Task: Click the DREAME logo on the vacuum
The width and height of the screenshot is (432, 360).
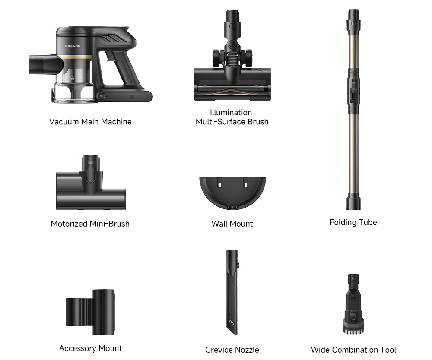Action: click(x=73, y=46)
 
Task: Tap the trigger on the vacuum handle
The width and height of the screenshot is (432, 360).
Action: click(x=111, y=56)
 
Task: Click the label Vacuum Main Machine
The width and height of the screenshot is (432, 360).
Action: click(x=90, y=122)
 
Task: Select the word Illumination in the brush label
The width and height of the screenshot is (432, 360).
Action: click(x=231, y=112)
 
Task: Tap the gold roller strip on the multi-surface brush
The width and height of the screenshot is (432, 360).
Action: click(x=232, y=90)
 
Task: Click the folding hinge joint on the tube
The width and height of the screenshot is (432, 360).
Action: click(x=353, y=92)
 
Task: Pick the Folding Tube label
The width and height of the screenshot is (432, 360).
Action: click(x=353, y=222)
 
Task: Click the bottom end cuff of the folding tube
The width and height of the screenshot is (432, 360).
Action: click(x=353, y=202)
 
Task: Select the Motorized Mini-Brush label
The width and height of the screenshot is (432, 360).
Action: click(x=90, y=224)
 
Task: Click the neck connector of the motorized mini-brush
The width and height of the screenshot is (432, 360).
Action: click(x=90, y=172)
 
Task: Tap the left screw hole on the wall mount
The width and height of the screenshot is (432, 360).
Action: click(x=219, y=185)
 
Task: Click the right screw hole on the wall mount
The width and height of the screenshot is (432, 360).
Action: click(x=245, y=185)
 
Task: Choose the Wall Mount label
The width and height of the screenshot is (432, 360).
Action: click(x=232, y=224)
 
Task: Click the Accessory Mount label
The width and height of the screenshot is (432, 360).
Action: click(x=90, y=348)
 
